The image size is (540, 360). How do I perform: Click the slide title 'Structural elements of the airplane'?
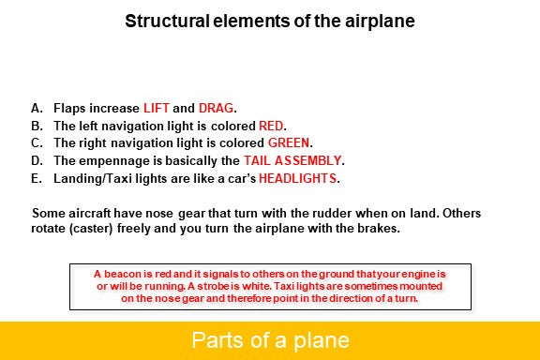click(269, 22)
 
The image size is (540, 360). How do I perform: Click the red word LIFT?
click(158, 108)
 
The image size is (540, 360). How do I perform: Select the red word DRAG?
click(217, 108)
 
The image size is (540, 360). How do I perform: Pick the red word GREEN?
click(289, 142)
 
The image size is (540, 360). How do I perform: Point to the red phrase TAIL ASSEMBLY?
click(292, 160)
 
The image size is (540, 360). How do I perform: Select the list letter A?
click(37, 108)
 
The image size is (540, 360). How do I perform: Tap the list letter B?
click(37, 126)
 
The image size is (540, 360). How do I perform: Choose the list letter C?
click(37, 142)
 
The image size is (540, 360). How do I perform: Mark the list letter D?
click(37, 160)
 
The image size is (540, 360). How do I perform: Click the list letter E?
click(37, 177)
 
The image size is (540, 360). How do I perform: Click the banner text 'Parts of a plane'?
click(270, 339)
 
